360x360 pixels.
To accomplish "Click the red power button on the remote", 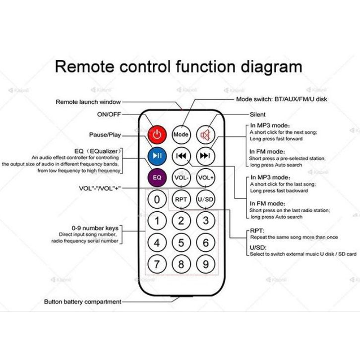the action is [x=157, y=134].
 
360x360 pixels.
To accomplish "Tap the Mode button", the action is [x=181, y=134].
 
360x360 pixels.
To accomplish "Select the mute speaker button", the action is [x=205, y=134].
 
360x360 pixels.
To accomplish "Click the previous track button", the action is [x=181, y=156].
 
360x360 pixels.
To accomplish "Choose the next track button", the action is [x=205, y=156].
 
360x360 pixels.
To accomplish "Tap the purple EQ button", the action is [x=157, y=178].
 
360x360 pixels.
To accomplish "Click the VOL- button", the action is [x=181, y=178].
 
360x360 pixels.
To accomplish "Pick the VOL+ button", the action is [x=205, y=178].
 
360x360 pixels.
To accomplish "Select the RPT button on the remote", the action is [x=181, y=199].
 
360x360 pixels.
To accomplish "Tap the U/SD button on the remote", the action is [x=205, y=199].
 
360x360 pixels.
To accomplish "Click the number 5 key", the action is [x=181, y=242].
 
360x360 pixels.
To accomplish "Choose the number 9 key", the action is [x=205, y=264].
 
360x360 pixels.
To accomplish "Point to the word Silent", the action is [x=257, y=115].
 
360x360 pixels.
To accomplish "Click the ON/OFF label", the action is [x=109, y=114].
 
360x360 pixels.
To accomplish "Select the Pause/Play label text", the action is [x=105, y=135].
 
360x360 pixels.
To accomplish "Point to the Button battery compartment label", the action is [x=83, y=301].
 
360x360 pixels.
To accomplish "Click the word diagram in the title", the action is [x=271, y=67].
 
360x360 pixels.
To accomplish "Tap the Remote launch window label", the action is [x=88, y=102].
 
